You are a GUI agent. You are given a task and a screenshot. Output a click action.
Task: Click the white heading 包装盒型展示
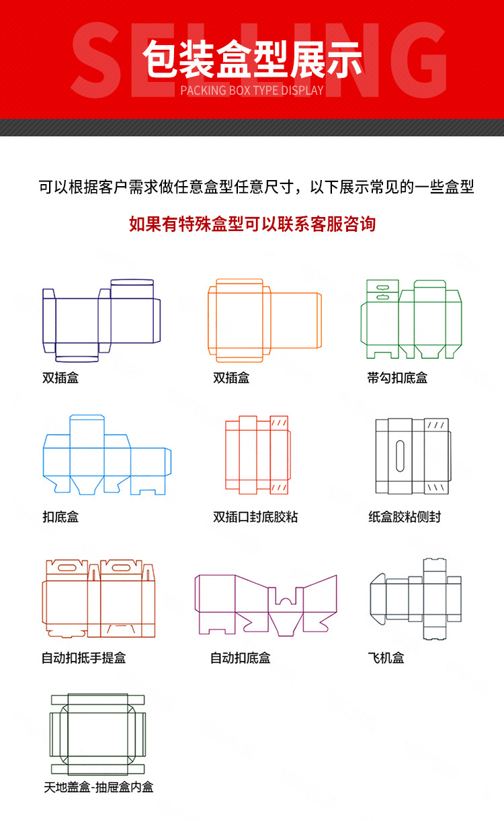252,58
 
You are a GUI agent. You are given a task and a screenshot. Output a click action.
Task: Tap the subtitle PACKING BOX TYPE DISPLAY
252,90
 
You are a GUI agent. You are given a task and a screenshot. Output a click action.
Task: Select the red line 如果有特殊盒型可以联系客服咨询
252,224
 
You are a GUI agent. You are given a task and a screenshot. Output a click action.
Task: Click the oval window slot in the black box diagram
400,456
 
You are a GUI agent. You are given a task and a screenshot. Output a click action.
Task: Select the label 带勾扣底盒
397,378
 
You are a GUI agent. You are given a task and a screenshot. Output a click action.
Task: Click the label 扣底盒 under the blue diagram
60,517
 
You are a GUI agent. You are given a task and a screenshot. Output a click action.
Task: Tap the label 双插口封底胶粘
255,517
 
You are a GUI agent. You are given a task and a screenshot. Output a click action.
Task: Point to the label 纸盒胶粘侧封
405,517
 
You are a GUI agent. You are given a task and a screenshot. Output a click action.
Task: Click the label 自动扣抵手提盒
83,658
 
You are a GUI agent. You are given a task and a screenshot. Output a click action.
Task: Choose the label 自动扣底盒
241,658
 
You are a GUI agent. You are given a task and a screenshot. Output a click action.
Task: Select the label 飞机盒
386,658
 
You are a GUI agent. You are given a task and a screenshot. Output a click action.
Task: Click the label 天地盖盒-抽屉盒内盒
99,787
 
